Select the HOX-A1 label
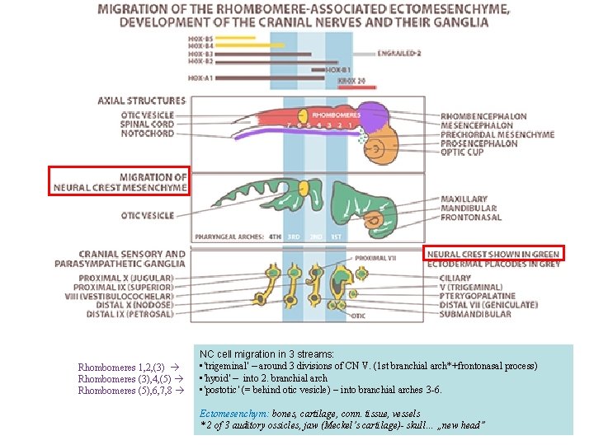[200, 77]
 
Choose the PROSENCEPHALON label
[479, 143]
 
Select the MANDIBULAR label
[468, 208]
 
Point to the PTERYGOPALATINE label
[478, 296]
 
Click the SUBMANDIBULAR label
[475, 314]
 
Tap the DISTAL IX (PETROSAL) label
[130, 314]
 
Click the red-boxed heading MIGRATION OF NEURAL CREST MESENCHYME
[120, 182]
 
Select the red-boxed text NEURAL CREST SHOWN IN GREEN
[493, 255]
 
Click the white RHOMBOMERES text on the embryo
[336, 115]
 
